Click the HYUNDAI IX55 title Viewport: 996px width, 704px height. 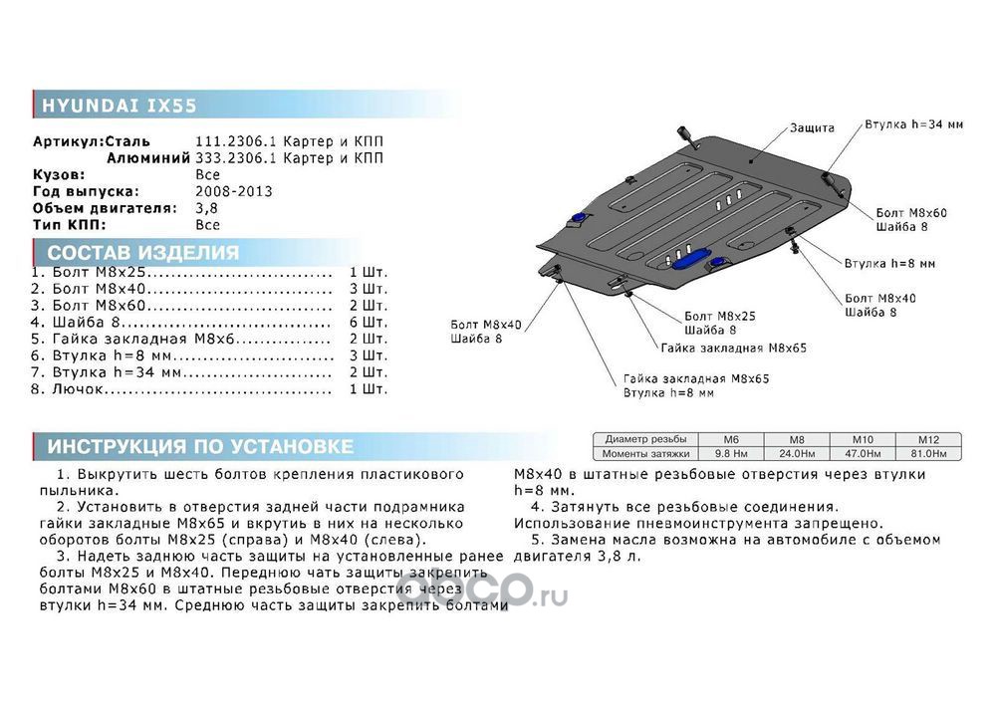click(x=120, y=105)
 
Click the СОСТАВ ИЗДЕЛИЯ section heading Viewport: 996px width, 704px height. click(x=143, y=252)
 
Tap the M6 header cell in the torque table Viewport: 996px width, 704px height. click(x=730, y=439)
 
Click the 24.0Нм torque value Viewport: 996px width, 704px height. click(x=796, y=453)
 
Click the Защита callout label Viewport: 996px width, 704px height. click(x=813, y=127)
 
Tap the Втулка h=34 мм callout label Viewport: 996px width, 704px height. click(x=913, y=125)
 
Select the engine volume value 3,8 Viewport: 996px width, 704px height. click(x=206, y=208)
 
